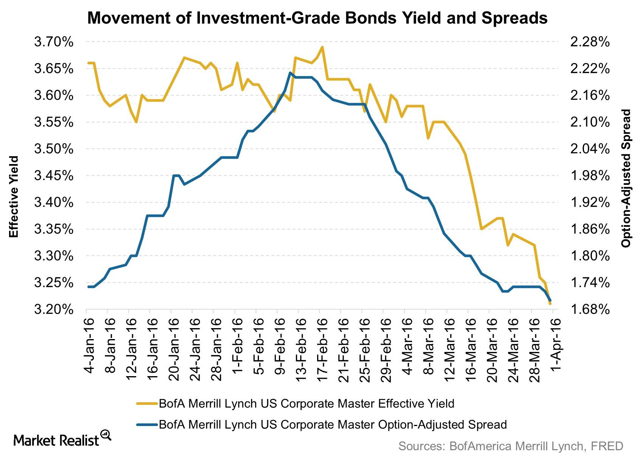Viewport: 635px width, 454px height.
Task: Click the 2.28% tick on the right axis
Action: (590, 42)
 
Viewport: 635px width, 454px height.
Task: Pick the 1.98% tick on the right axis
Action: (590, 176)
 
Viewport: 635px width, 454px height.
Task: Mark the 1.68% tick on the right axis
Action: (590, 310)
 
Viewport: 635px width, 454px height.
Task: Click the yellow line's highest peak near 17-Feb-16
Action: (322, 47)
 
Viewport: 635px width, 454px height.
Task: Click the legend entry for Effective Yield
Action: (306, 403)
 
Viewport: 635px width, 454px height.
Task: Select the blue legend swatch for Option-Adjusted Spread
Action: (147, 425)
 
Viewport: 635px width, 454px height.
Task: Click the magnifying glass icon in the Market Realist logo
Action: (106, 435)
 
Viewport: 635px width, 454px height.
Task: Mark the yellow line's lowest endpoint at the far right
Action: (550, 304)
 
